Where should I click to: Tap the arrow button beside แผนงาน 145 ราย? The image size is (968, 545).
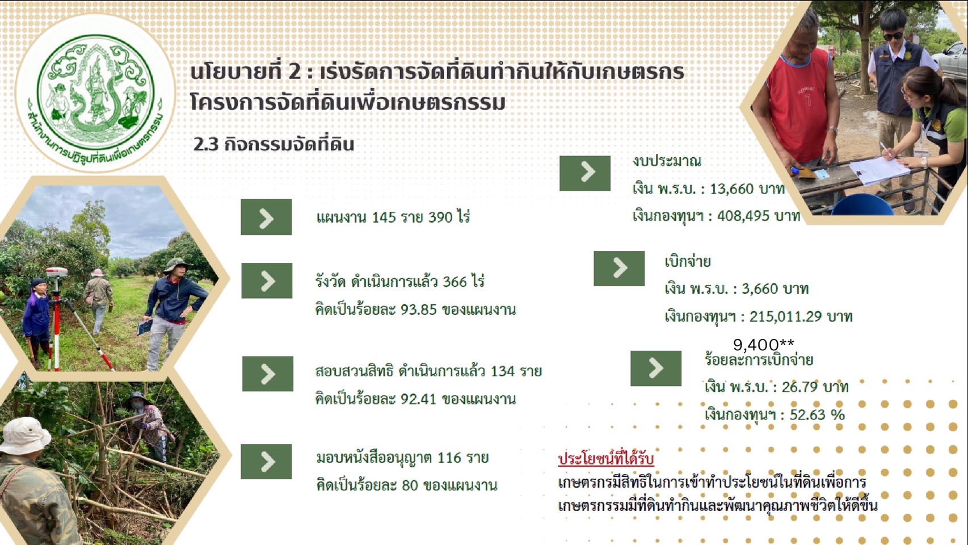click(x=266, y=217)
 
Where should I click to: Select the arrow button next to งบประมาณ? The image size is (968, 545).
click(x=585, y=173)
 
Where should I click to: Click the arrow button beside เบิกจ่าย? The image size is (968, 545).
click(x=619, y=268)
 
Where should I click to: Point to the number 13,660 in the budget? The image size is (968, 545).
click(x=731, y=189)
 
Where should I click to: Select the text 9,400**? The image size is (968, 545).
click(x=763, y=345)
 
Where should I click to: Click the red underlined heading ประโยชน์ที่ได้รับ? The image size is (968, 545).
click(x=605, y=459)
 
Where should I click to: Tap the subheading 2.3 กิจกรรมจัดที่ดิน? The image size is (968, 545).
click(x=273, y=144)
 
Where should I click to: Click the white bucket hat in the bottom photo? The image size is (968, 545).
click(x=24, y=434)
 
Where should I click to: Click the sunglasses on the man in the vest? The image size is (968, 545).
click(x=893, y=36)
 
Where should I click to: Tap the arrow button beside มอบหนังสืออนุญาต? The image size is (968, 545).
click(x=266, y=462)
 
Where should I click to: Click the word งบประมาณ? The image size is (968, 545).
click(x=667, y=161)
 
